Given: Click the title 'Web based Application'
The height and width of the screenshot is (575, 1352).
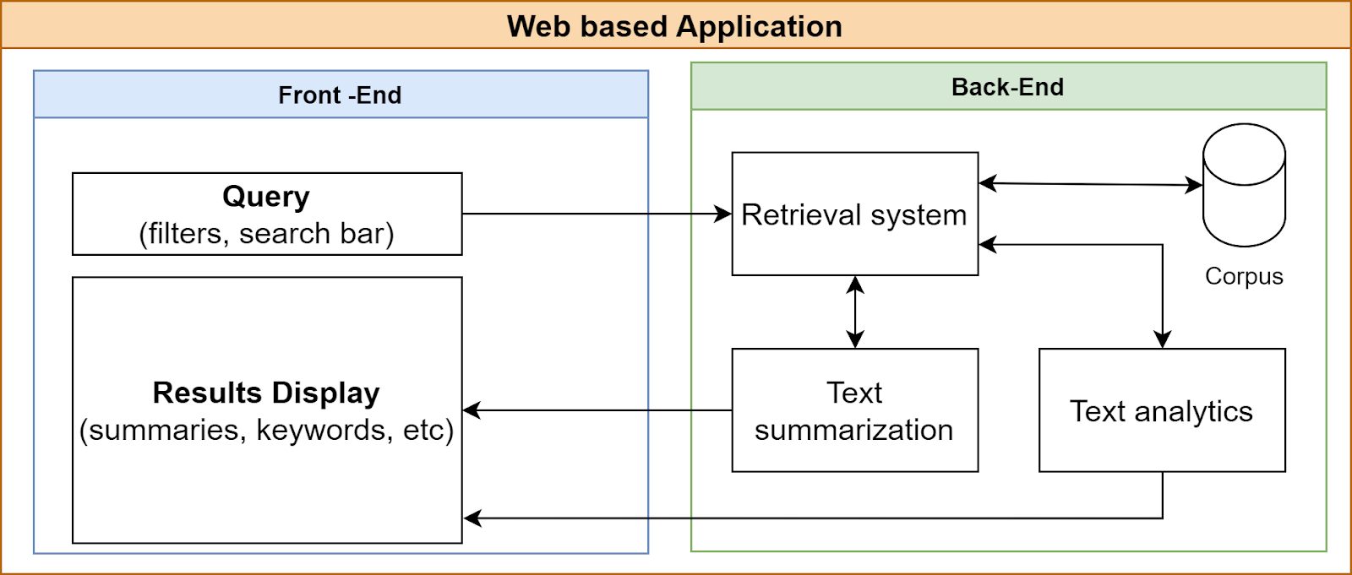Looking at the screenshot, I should (x=674, y=26).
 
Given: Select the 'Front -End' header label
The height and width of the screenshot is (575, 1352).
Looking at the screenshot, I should (x=340, y=95).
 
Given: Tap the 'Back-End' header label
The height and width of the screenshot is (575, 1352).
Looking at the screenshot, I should (x=1007, y=87).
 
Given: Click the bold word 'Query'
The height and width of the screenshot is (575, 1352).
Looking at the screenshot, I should (x=266, y=197).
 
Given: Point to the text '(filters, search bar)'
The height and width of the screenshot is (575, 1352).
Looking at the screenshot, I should (x=266, y=234).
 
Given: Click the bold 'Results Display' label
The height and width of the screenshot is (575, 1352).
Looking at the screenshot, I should (x=266, y=393).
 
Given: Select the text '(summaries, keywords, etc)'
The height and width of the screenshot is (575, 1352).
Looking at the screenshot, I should (x=266, y=431).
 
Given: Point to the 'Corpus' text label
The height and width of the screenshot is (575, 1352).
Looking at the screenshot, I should (x=1244, y=276).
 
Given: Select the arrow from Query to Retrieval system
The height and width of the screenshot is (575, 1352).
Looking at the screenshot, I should (x=591, y=214).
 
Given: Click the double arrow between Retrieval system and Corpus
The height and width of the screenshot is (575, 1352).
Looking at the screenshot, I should (x=1090, y=183).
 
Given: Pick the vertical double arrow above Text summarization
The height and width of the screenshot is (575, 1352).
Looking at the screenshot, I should (x=855, y=312).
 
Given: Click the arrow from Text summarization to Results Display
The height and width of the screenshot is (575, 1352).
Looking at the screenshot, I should (x=591, y=410).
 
